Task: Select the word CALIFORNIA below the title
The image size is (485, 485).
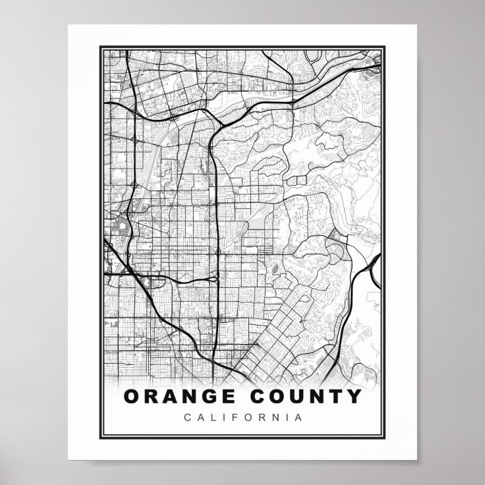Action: coord(243,417)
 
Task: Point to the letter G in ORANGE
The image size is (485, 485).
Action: coord(214,397)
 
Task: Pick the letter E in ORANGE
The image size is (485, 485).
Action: coord(231,397)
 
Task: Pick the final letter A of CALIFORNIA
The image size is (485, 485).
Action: coord(299,417)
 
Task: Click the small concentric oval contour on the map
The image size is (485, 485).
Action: coord(273,268)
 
